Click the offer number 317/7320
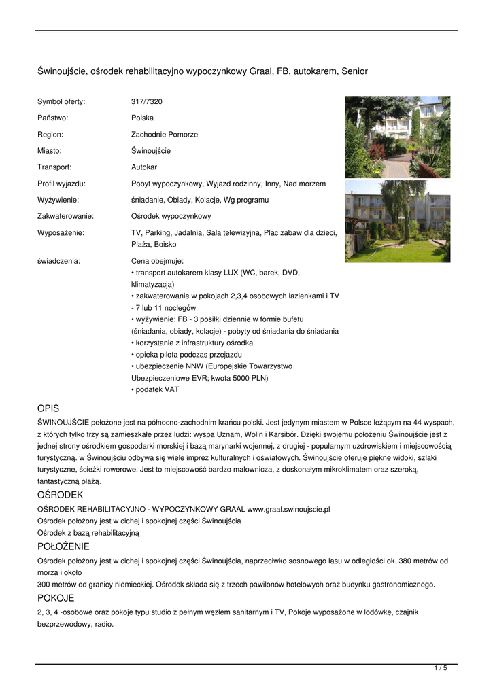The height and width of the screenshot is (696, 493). point(146,101)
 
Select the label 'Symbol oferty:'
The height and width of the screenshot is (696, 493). point(61,101)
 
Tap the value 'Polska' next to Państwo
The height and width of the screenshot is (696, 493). point(142,118)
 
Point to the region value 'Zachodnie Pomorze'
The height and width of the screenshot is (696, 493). point(164,135)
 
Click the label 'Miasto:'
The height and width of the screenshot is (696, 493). point(50,151)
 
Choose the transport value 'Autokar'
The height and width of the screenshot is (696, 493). point(144,167)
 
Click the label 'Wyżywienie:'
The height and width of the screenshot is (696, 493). point(58,200)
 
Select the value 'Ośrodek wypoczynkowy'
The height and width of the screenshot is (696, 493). point(171,216)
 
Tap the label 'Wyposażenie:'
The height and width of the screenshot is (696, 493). point(61,232)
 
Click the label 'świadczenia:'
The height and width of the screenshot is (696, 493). point(58,260)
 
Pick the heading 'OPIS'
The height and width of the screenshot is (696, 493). point(48,408)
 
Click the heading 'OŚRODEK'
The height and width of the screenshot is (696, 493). point(60,494)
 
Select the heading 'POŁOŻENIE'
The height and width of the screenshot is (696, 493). point(63,546)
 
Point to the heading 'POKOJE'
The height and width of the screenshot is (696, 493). point(56,598)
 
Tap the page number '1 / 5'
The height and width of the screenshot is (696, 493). point(441,669)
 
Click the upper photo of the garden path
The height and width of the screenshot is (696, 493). point(397,137)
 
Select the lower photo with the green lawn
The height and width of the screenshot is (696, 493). point(397,221)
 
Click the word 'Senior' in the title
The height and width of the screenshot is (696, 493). point(354,71)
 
